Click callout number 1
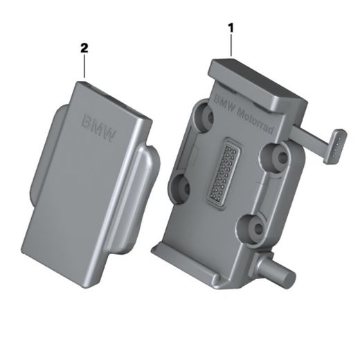click(231, 28)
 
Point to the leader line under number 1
click(231, 46)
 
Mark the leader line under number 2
click(84, 66)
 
